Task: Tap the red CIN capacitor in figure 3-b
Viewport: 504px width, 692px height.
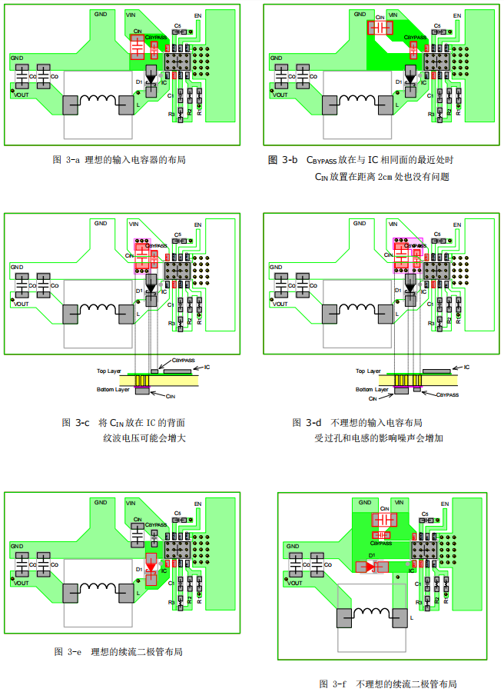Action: pos(380,28)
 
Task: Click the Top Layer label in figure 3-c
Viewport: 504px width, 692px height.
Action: pos(109,371)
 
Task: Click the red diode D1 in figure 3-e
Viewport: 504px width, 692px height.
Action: pos(151,570)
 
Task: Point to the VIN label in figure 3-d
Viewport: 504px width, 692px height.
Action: pos(393,223)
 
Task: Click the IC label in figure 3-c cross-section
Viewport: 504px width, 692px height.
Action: pos(205,368)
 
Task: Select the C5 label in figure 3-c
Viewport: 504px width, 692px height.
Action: pos(177,235)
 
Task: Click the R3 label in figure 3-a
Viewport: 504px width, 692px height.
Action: pos(172,114)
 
